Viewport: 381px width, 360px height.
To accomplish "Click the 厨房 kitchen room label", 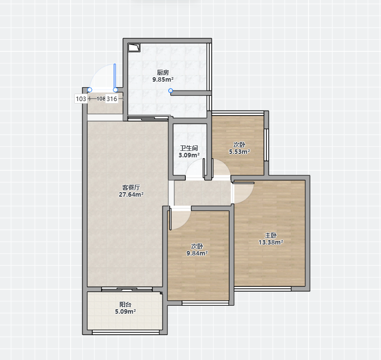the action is [x=163, y=72].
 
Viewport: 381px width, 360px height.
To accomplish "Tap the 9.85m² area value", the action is [x=163, y=80].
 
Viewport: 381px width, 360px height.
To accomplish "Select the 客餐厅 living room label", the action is [x=131, y=187].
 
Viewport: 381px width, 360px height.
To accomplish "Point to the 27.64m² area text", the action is [x=131, y=194].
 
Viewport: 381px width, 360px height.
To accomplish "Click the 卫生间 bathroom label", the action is [x=189, y=148].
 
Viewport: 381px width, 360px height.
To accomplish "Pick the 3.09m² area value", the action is [x=189, y=155].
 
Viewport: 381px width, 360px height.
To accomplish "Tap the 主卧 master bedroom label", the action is [x=271, y=235].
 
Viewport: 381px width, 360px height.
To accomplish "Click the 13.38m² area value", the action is [x=271, y=242].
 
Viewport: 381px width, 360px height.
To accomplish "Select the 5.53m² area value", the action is [x=240, y=151].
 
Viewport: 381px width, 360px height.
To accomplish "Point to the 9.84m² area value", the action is [x=197, y=253].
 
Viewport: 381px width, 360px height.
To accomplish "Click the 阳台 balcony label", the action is [x=126, y=304].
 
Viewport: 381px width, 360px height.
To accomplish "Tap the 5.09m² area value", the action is [x=126, y=311].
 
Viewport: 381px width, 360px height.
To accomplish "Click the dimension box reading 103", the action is [x=81, y=99].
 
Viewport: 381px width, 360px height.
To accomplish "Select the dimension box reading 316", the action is [x=112, y=99].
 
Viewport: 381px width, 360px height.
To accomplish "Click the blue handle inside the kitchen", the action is [x=170, y=91].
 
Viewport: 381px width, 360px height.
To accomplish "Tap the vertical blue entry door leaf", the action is [x=115, y=76].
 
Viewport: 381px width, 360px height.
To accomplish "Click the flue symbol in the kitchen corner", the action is [x=134, y=48].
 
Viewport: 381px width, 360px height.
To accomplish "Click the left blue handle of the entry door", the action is [x=90, y=90].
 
